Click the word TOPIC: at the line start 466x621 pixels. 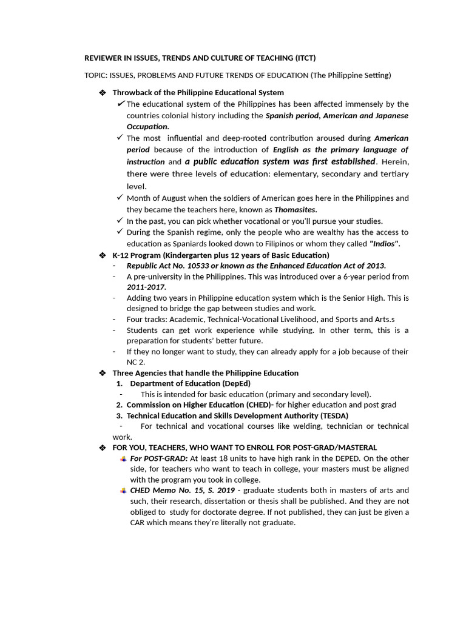96,75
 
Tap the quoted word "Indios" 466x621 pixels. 385,243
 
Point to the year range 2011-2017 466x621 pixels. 146,287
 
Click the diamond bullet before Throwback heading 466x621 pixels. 102,93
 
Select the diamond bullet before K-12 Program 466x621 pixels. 102,255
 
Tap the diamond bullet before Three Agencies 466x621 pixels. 102,373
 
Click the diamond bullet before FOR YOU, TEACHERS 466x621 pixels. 102,448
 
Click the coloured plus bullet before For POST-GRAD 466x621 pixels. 123,458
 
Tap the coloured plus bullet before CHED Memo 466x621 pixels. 123,490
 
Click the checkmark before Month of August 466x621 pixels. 120,198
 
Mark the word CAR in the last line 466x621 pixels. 138,523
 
